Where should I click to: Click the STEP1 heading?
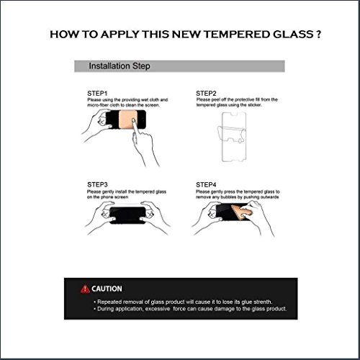(98, 93)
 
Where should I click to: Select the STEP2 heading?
(207, 93)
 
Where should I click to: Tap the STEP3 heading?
(98, 184)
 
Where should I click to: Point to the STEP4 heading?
(207, 184)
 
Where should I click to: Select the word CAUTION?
(107, 289)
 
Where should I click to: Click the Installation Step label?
(118, 66)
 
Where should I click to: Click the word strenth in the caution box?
(270, 301)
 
